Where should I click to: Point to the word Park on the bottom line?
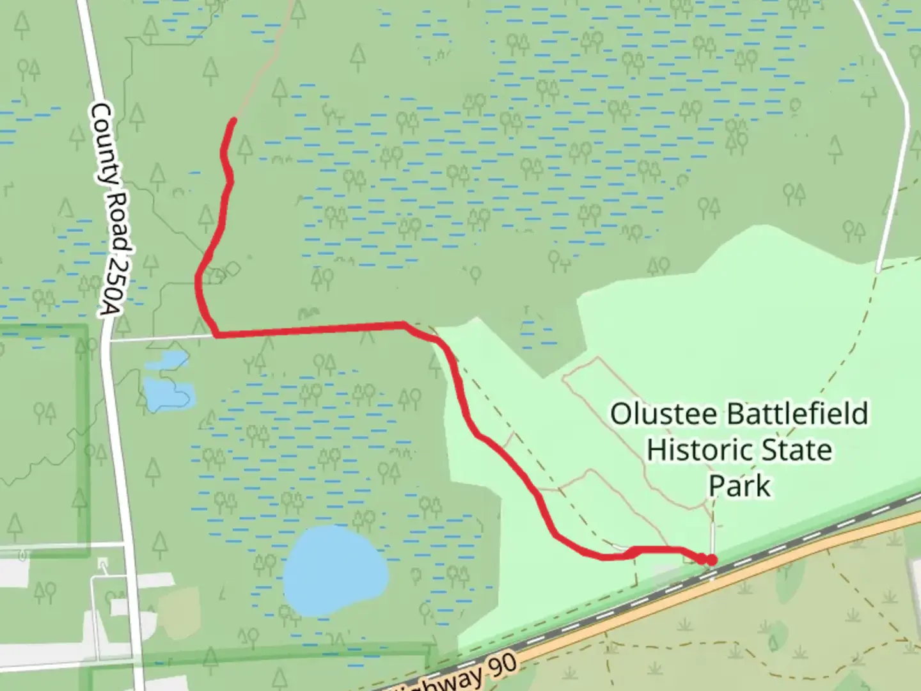[739, 486]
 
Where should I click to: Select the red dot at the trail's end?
[711, 560]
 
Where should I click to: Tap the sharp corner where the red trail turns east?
[216, 334]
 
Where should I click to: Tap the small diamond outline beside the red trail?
[233, 269]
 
